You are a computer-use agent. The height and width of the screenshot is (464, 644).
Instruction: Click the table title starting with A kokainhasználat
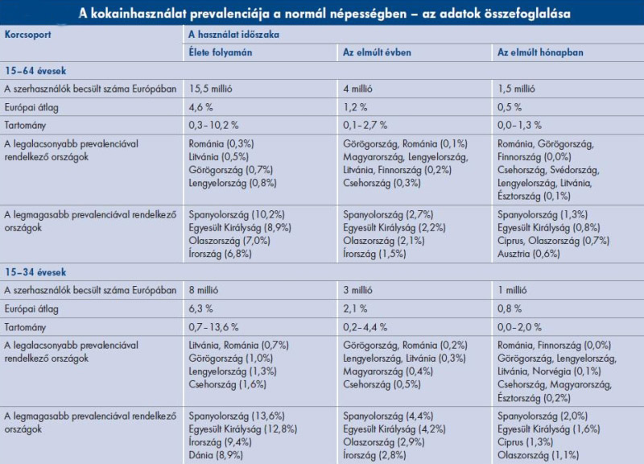pos(322,14)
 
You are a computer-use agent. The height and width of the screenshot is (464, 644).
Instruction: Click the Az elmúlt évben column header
pos(375,53)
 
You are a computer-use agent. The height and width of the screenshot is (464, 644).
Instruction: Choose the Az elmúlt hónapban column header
pos(540,53)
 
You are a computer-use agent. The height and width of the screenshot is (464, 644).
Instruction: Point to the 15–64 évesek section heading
pos(36,71)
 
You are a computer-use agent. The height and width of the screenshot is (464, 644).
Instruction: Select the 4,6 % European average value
pos(202,107)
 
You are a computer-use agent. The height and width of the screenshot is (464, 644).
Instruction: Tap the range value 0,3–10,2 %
pos(216,125)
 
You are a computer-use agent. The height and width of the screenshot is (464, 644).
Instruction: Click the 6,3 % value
pos(202,309)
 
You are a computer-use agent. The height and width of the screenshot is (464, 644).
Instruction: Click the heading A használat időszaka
pos(233,35)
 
